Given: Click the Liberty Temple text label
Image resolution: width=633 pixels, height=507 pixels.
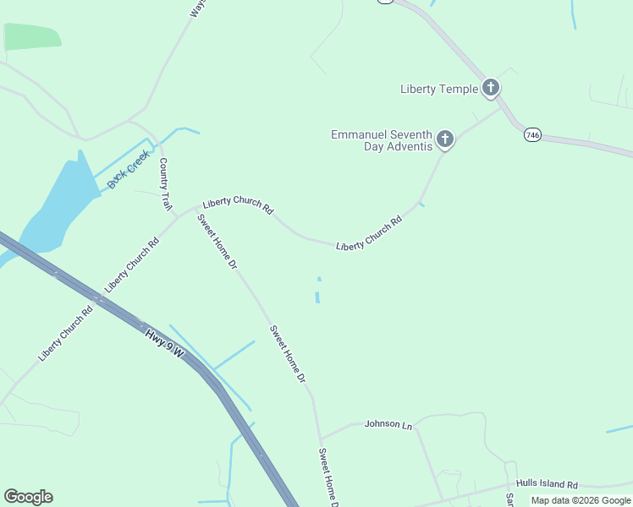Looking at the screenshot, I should (439, 89).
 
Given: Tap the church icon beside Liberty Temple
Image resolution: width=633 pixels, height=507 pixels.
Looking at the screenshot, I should (491, 87).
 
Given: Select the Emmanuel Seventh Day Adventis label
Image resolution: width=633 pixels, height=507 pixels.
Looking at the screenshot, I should (381, 140).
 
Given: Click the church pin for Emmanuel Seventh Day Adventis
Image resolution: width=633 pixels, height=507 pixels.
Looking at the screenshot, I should (445, 139).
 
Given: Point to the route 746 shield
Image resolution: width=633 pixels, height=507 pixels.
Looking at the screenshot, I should (532, 134).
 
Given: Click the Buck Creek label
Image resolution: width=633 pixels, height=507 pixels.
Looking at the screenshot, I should (129, 169).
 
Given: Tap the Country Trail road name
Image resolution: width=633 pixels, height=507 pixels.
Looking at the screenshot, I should (165, 184).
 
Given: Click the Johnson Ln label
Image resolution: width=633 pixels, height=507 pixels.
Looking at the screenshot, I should (388, 423).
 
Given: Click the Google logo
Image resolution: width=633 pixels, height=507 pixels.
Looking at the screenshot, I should (28, 497).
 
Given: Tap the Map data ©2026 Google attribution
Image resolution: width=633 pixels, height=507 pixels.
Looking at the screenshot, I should (581, 500).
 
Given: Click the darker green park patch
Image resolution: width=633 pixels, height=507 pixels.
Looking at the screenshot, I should (31, 36).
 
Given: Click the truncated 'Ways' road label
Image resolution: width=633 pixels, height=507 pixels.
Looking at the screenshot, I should (197, 8).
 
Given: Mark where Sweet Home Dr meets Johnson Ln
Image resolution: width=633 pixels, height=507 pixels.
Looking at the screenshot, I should (320, 439).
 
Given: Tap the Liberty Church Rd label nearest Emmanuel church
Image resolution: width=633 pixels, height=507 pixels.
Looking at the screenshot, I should (369, 234).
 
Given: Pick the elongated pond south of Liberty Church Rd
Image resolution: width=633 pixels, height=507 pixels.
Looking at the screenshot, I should (318, 297).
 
